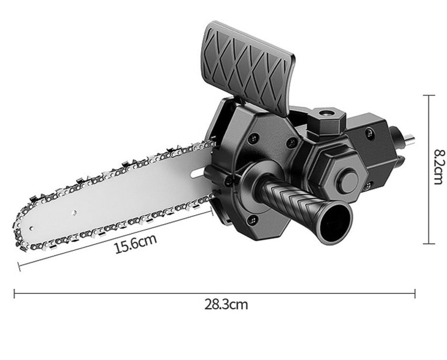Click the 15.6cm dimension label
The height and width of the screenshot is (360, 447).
click(x=136, y=244)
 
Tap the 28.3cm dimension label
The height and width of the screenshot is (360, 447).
click(x=226, y=305)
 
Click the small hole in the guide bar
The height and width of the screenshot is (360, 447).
click(x=74, y=211)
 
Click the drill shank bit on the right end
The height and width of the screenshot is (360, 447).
click(x=408, y=138)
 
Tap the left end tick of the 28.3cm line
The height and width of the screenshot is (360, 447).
click(x=15, y=294)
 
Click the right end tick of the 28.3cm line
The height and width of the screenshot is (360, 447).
click(x=414, y=294)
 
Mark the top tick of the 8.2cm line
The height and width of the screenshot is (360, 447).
click(x=428, y=96)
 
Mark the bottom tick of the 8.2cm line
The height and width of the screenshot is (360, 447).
click(x=428, y=243)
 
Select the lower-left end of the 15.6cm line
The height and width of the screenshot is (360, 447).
click(x=19, y=266)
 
